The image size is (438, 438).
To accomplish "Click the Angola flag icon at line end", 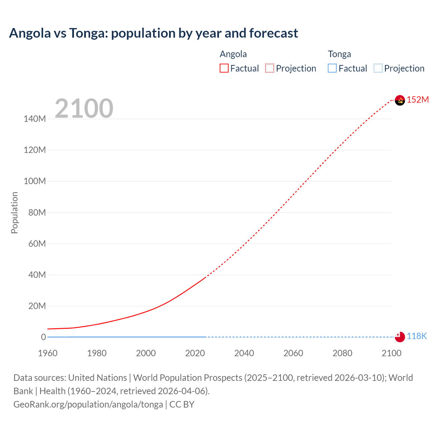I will point(400,100).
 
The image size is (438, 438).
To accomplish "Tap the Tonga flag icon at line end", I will point(400,337).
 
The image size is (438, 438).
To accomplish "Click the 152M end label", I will point(417,100).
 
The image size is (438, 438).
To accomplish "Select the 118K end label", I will point(416,336).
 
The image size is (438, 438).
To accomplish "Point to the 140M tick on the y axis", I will point(35,119).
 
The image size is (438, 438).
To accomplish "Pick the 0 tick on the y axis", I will point(43,337).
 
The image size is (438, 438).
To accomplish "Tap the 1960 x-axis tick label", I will point(48,353).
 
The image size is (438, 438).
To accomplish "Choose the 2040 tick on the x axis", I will point(244,353).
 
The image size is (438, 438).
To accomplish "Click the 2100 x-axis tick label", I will point(391,353).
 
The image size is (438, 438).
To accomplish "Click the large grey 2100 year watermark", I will point(84,108).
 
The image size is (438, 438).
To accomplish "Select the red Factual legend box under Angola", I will point(224,68).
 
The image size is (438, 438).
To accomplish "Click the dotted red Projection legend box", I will point(270,68).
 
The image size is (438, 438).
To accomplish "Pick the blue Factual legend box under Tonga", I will point(332,68).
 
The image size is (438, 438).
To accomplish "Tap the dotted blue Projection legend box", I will point(378,68).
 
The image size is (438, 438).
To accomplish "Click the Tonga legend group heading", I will point(339,54).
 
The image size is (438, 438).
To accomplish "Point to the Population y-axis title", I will point(14,212).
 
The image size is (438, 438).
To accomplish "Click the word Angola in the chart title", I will point(30,33).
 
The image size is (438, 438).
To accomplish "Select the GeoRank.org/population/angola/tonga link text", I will point(88,404).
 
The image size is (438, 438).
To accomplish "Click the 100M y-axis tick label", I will point(35,181).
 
